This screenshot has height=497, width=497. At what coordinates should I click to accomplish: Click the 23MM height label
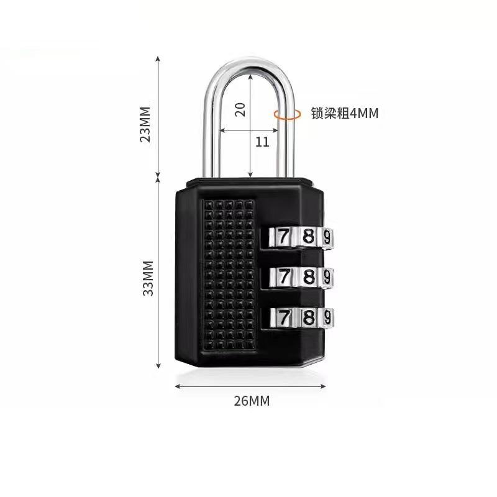click(x=145, y=124)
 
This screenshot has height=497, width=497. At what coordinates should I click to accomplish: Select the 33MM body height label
click(x=147, y=278)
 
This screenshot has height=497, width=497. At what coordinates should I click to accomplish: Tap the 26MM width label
click(x=252, y=401)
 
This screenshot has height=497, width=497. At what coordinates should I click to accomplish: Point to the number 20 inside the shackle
click(x=240, y=109)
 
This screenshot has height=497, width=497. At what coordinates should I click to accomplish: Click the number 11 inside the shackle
click(x=263, y=142)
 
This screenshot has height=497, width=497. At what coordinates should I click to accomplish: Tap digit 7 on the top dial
click(x=283, y=237)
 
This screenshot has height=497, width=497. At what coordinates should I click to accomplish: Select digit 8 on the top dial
click(x=308, y=237)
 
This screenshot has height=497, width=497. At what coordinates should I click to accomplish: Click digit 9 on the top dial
click(x=327, y=237)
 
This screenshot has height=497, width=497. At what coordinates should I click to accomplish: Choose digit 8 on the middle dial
click(x=308, y=276)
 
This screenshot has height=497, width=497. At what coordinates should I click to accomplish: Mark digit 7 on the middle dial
click(x=283, y=276)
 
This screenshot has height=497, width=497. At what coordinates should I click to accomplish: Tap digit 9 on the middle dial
click(x=327, y=276)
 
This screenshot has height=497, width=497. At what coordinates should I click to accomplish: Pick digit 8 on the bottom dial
click(x=308, y=317)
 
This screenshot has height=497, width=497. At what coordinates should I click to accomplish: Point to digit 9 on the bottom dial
click(x=327, y=317)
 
